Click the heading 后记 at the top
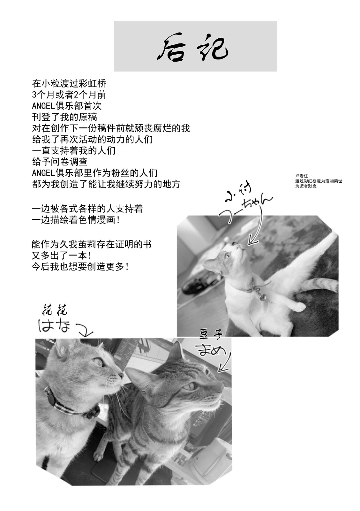click(x=195, y=49)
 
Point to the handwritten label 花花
click(x=55, y=310)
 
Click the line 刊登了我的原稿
click(x=64, y=117)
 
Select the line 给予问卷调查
click(x=60, y=162)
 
